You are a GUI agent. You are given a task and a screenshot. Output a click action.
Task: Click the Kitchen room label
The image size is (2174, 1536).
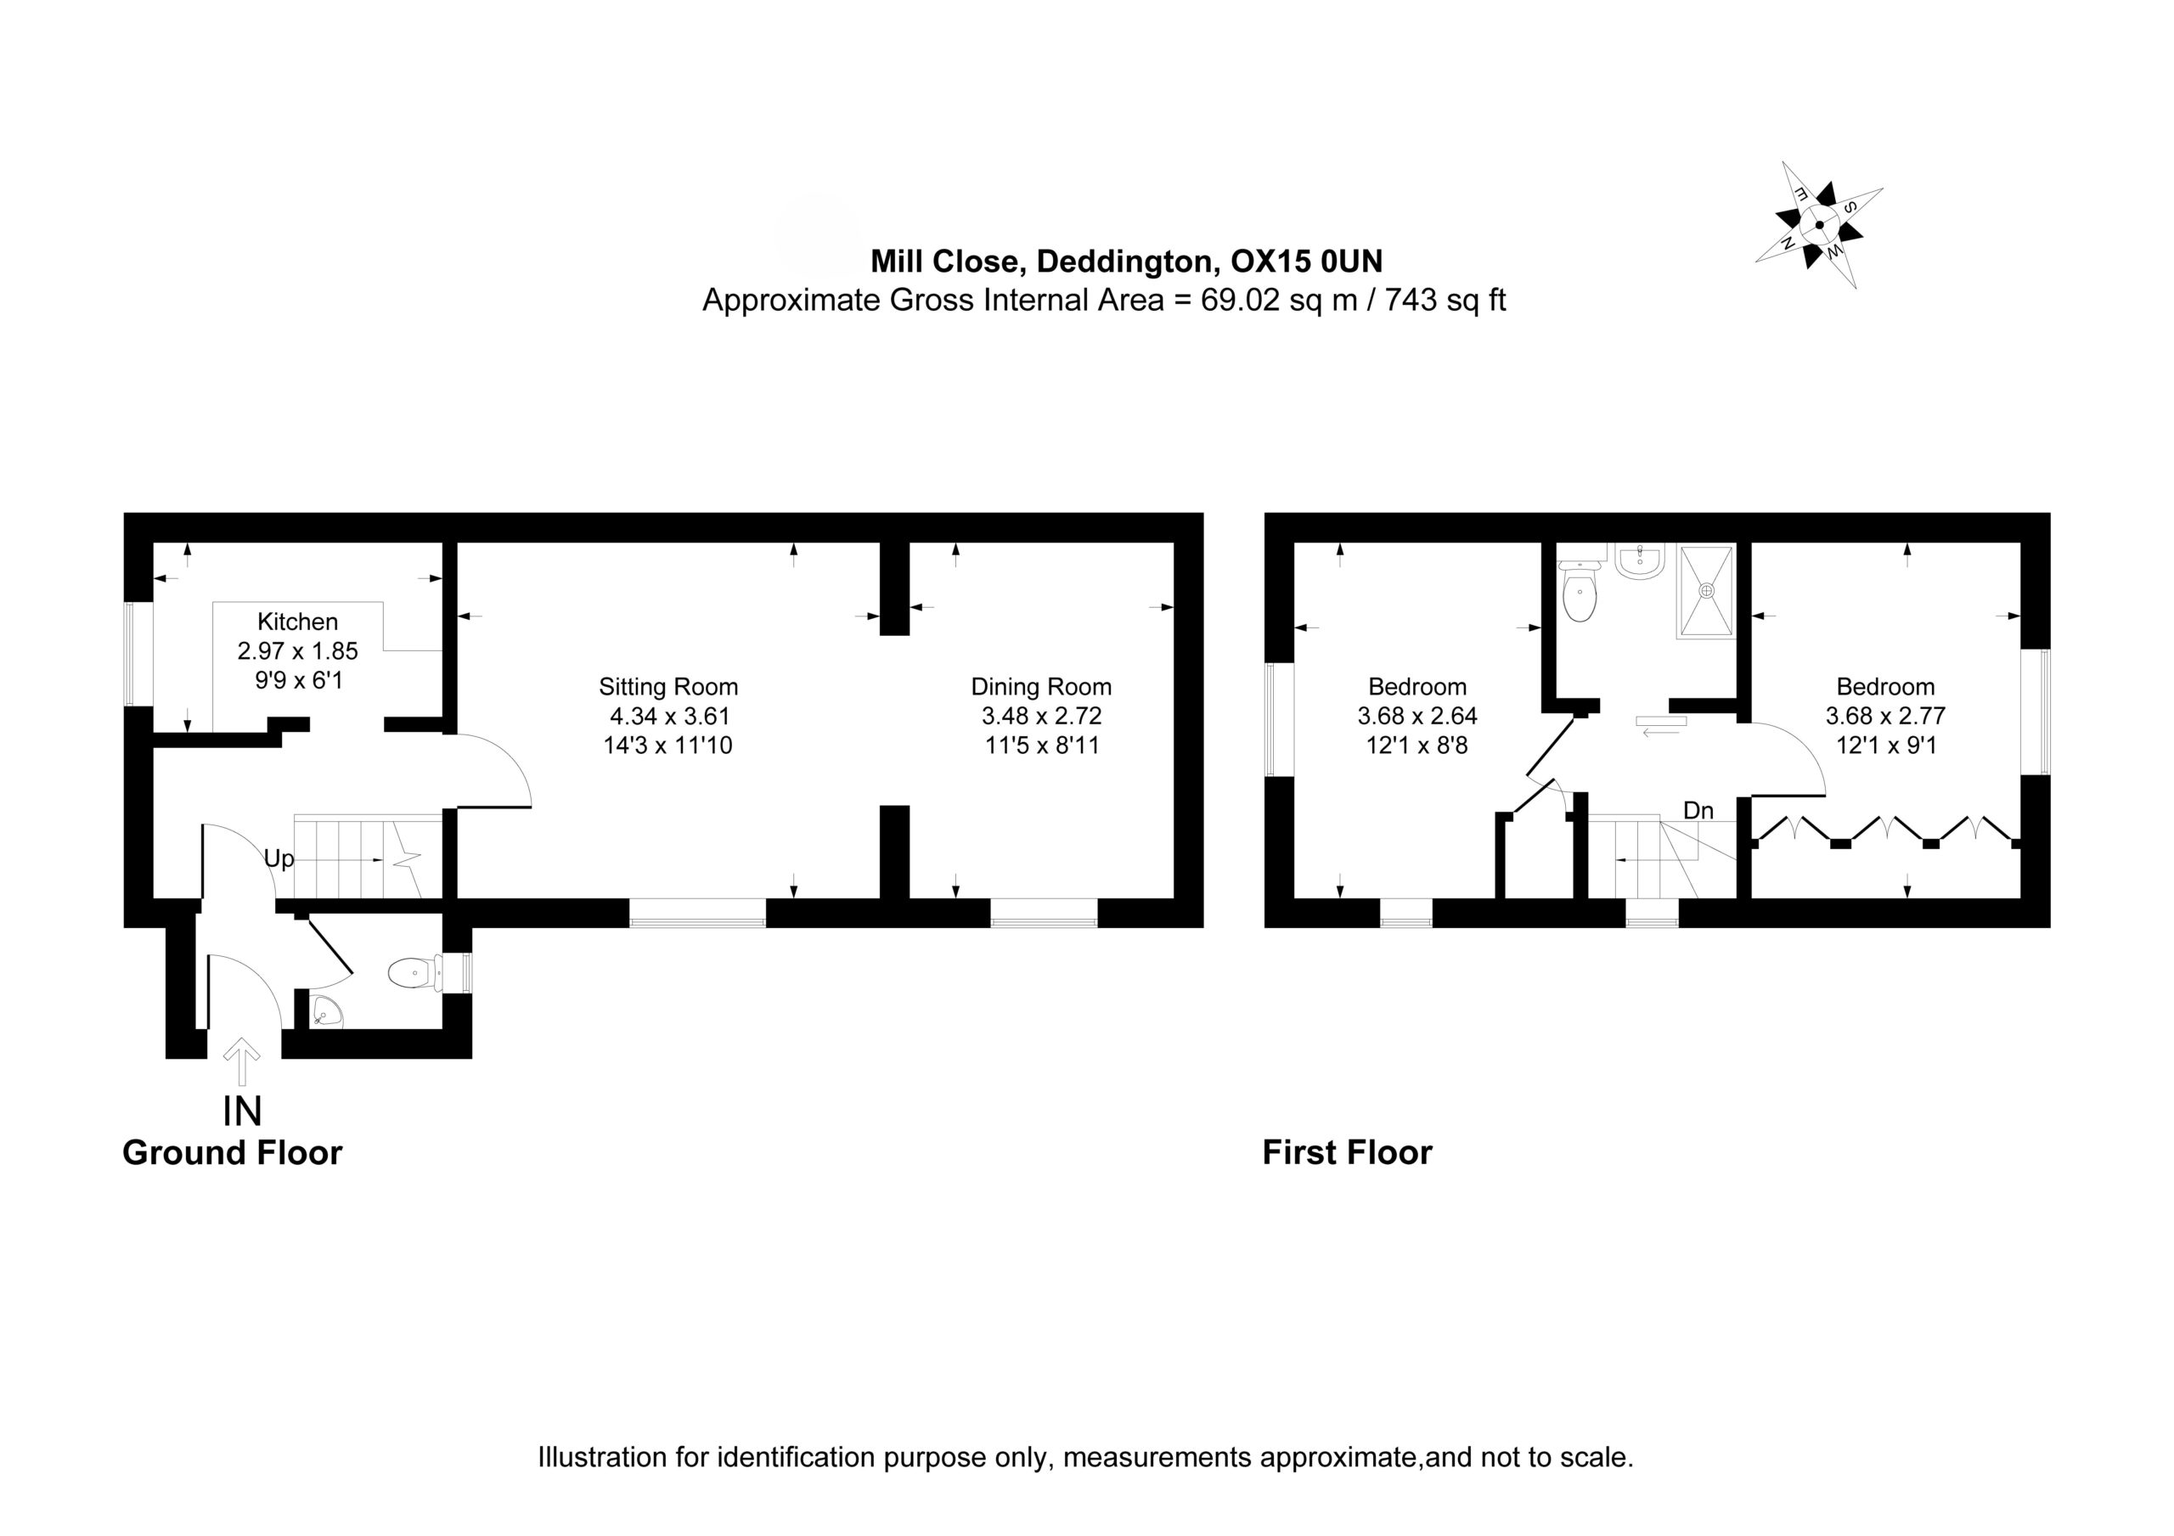click(297, 622)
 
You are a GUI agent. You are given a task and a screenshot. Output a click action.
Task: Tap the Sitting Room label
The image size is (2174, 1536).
click(668, 688)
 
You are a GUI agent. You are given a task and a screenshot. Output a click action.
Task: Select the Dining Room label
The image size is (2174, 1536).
click(1041, 688)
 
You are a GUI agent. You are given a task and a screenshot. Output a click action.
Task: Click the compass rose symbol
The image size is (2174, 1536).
click(1819, 225)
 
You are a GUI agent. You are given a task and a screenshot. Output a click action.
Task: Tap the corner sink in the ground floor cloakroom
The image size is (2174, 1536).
click(324, 1012)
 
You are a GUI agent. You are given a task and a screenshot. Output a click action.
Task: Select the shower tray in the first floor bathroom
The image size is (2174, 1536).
click(1706, 591)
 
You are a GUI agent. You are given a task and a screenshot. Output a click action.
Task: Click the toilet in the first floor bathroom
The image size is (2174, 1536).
click(1580, 586)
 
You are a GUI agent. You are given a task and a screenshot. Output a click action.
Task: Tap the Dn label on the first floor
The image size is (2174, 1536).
click(1698, 811)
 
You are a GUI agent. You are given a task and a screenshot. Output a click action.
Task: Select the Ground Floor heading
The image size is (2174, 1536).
click(232, 1152)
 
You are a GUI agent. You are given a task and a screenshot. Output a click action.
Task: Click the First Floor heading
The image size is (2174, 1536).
click(1348, 1152)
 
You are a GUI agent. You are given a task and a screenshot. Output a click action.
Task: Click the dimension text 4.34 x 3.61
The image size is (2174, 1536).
click(668, 717)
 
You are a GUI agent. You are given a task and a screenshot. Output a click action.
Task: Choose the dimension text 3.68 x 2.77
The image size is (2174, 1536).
click(1885, 717)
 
